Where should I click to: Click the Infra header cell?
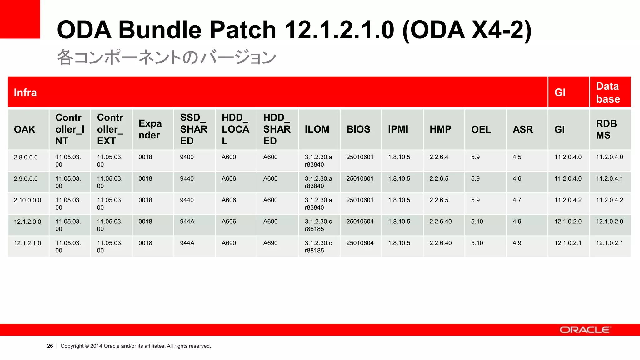tap(25, 92)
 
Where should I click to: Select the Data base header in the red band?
tap(608, 92)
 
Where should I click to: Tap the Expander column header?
tap(150, 129)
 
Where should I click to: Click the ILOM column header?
tap(317, 129)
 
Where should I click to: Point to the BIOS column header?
tap(358, 129)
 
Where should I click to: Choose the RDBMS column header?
tap(606, 129)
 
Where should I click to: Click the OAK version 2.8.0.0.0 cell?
tap(26, 157)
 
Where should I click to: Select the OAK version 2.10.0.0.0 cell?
tap(27, 200)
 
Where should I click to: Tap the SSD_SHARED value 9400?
tap(187, 157)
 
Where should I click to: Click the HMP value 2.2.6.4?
tap(439, 157)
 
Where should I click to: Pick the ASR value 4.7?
tap(517, 200)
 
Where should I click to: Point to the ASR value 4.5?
tap(517, 157)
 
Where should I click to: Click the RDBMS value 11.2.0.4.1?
tap(609, 179)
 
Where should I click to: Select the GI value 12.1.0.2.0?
tap(568, 222)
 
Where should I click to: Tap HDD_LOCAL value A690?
tap(229, 243)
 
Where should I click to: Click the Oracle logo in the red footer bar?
tap(585, 330)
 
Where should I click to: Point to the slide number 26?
tap(50, 346)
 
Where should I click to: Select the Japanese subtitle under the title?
tap(167, 57)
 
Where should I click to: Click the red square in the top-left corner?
tap(20, 19)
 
